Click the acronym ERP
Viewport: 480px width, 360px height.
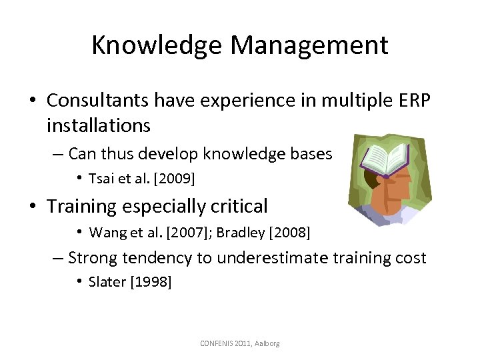click(414, 100)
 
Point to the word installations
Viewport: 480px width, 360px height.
click(99, 125)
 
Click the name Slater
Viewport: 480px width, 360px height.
click(107, 282)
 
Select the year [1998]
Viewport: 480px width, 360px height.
click(151, 282)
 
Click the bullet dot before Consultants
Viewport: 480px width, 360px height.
click(32, 101)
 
